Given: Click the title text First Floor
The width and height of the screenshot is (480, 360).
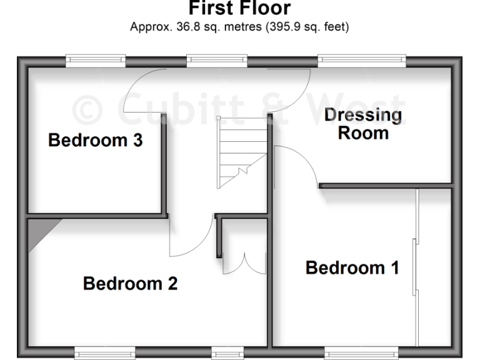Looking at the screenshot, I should click(239, 9).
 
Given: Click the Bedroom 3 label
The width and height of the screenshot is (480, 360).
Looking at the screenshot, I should click(95, 141).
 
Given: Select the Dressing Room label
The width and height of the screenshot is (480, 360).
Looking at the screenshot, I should click(362, 124).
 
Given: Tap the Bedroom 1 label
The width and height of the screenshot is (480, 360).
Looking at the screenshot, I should click(352, 268).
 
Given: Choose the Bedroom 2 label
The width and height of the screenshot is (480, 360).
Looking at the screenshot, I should click(130, 284).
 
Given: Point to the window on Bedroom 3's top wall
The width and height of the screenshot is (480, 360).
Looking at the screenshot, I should click(96, 61).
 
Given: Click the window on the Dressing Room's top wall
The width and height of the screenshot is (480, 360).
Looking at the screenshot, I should click(362, 61).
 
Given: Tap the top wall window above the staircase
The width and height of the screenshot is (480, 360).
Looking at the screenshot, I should click(217, 61).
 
